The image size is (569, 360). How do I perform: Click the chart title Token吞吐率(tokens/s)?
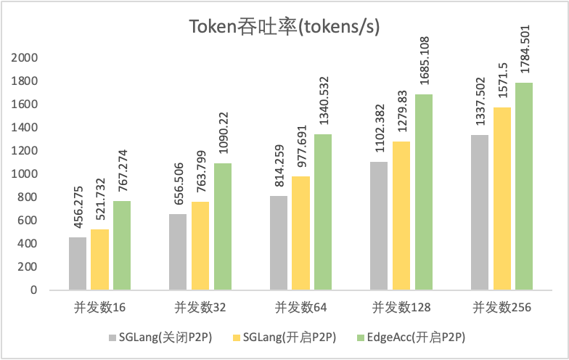(284, 27)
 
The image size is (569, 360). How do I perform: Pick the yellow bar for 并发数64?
(301, 233)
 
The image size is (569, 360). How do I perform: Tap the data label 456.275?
(78, 208)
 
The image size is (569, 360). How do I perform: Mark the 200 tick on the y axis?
(28, 267)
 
